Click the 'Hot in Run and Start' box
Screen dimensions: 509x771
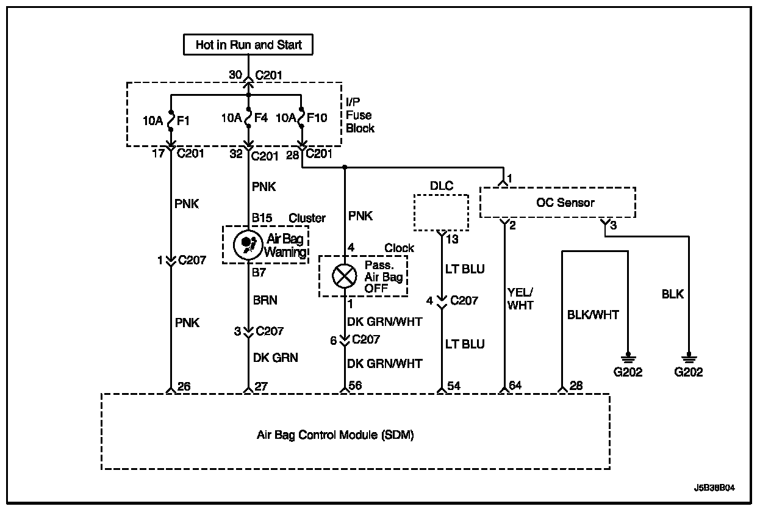coord(248,45)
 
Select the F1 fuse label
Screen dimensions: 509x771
coord(183,120)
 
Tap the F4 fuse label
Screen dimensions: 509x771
coord(260,117)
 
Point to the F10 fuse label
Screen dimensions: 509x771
coord(316,117)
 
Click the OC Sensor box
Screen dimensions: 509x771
coord(558,203)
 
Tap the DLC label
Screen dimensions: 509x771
coord(441,186)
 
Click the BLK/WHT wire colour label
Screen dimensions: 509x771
coord(593,315)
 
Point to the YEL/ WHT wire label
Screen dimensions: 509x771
coord(520,299)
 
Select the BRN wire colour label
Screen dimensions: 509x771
coord(265,300)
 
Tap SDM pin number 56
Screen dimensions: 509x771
coord(356,386)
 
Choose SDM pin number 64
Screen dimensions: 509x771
coord(516,386)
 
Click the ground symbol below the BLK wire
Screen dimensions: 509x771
coord(689,357)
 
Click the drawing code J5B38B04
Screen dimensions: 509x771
coord(714,488)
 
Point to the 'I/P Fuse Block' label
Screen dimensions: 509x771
coord(359,115)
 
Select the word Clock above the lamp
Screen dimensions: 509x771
coord(399,248)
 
